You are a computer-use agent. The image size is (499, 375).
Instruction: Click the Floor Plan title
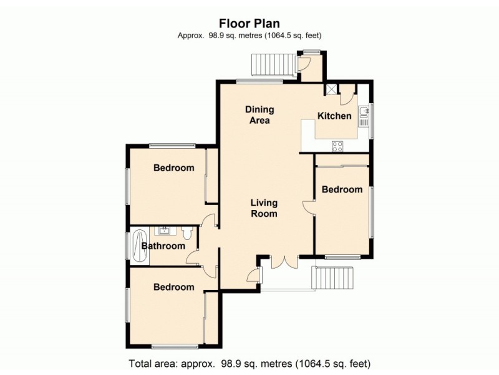tap(249, 24)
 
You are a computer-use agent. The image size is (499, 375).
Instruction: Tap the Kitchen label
tap(334, 116)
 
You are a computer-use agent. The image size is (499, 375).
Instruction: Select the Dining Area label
tap(259, 115)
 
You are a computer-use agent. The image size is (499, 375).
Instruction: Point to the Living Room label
tap(264, 208)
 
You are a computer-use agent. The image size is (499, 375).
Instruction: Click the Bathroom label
tap(163, 246)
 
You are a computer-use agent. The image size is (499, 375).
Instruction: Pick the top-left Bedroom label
tap(173, 167)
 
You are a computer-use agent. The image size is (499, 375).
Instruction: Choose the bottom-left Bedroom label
tap(173, 287)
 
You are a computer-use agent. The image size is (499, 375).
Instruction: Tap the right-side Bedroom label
tap(341, 189)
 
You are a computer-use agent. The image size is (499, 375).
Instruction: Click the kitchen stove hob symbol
tap(337, 146)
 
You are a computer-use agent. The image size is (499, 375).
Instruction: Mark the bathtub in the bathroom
tap(135, 245)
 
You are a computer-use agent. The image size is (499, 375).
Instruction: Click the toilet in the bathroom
tap(187, 234)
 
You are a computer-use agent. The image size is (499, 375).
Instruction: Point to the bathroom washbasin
tap(164, 231)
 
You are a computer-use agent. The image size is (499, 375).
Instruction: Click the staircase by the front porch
tap(334, 278)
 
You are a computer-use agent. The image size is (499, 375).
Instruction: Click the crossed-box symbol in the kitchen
tap(329, 89)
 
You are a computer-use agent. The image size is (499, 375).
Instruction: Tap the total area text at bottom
tap(249, 363)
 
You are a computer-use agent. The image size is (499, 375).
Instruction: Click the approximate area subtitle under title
tap(249, 36)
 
